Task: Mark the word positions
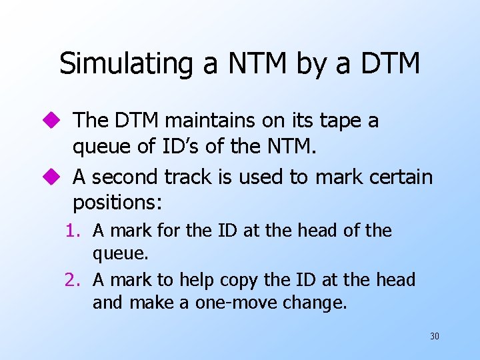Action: [x=113, y=201]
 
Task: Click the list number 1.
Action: [x=73, y=231]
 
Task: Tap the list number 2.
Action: [x=73, y=280]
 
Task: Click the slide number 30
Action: [x=434, y=336]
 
